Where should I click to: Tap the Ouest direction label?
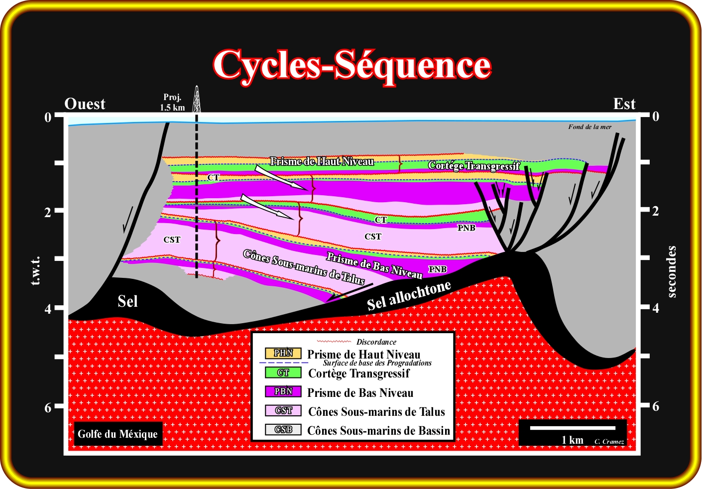(85, 104)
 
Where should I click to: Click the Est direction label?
(624, 104)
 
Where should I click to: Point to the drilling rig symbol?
(197, 100)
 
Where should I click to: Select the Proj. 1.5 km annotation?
(172, 103)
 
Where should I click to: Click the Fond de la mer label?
(590, 127)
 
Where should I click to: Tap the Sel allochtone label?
(409, 296)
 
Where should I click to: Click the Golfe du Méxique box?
(117, 434)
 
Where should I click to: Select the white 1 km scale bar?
(573, 428)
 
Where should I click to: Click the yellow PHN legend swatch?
(283, 353)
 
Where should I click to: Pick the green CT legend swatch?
(283, 372)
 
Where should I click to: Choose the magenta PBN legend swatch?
(283, 391)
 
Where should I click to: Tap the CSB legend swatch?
(283, 429)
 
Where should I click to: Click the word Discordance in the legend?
(376, 342)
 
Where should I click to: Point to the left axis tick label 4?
(48, 309)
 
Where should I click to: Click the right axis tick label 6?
(656, 406)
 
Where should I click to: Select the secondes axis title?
(672, 271)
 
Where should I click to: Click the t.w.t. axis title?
(35, 271)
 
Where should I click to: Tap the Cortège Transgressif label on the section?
(474, 166)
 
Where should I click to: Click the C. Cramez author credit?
(609, 442)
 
